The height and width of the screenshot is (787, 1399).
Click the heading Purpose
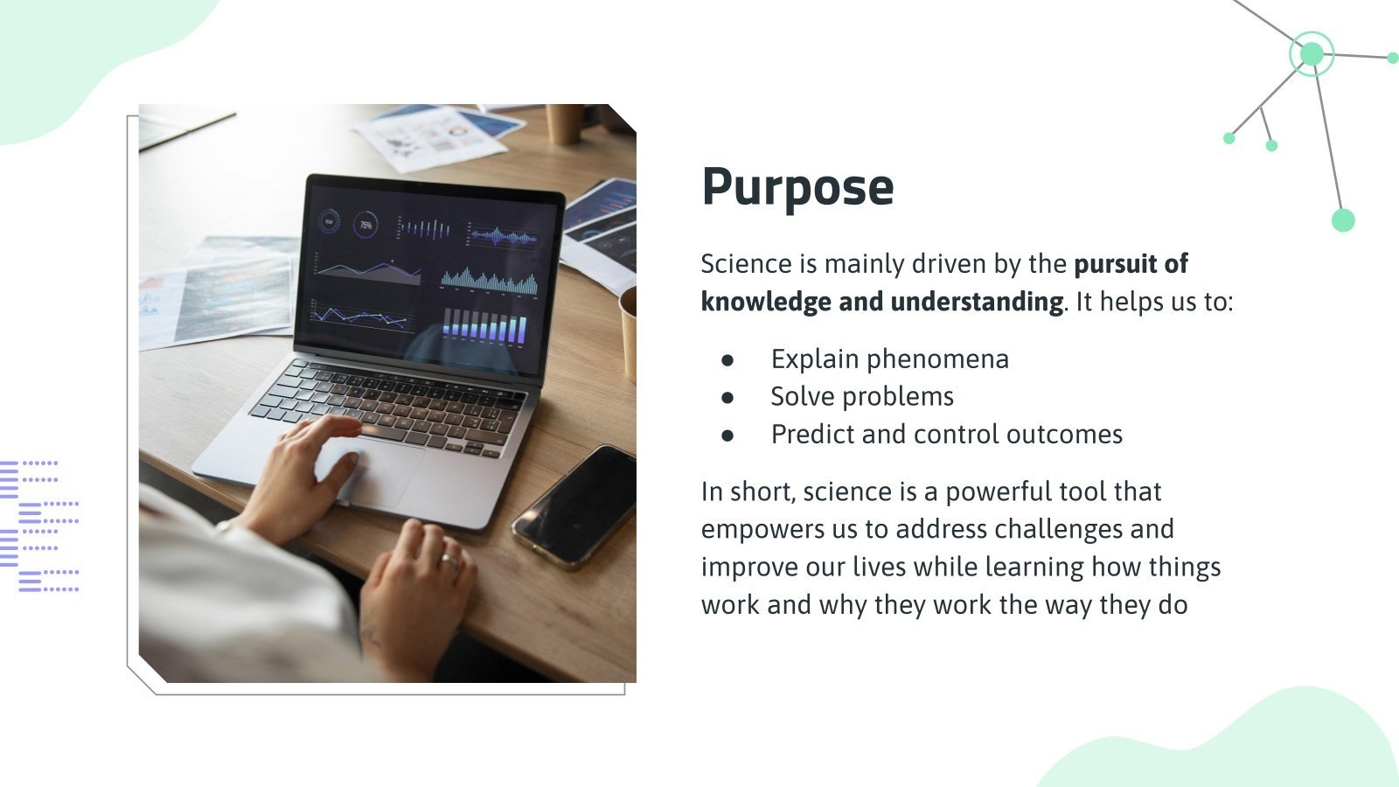797,186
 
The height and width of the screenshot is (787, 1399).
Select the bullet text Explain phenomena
889,359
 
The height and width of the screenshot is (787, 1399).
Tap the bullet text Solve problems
861,396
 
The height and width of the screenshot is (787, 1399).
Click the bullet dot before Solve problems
727,397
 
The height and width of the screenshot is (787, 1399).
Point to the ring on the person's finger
449,560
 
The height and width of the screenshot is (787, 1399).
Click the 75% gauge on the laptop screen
365,225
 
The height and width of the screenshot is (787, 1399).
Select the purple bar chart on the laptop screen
485,326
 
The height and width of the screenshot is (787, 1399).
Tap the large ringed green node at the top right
1311,54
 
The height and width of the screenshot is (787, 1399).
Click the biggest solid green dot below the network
1343,220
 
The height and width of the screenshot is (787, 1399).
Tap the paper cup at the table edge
629,332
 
